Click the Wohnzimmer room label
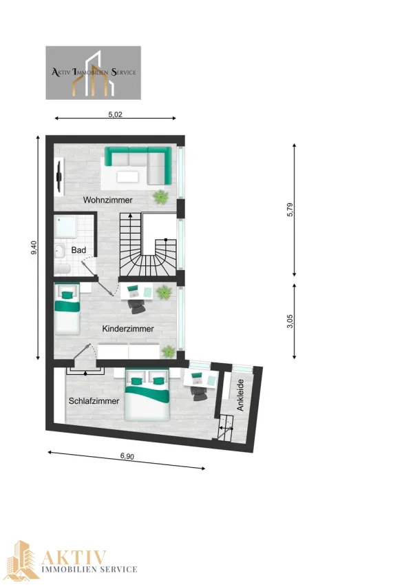[x=107, y=200]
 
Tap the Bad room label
[x=78, y=250]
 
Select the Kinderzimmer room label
[x=128, y=329]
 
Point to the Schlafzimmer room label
[x=94, y=401]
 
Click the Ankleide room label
[x=240, y=395]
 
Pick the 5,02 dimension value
[x=115, y=114]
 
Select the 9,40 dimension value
[x=34, y=247]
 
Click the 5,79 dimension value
[x=290, y=209]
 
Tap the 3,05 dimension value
[x=290, y=322]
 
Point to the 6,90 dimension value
[x=127, y=456]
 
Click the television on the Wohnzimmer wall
[x=59, y=176]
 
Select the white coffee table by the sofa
[x=127, y=176]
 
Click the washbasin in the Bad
[x=60, y=252]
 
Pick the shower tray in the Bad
[x=65, y=227]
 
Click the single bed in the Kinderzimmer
[x=67, y=309]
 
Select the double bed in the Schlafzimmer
[x=147, y=394]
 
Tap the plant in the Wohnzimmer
[x=160, y=196]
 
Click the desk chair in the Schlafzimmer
[x=198, y=393]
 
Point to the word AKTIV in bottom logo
[x=74, y=557]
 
